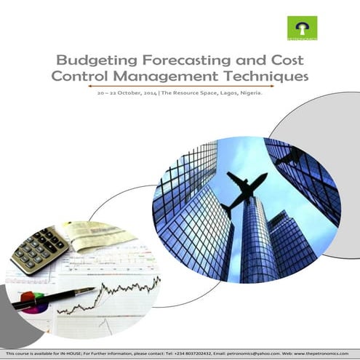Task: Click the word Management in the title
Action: pos(175,76)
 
